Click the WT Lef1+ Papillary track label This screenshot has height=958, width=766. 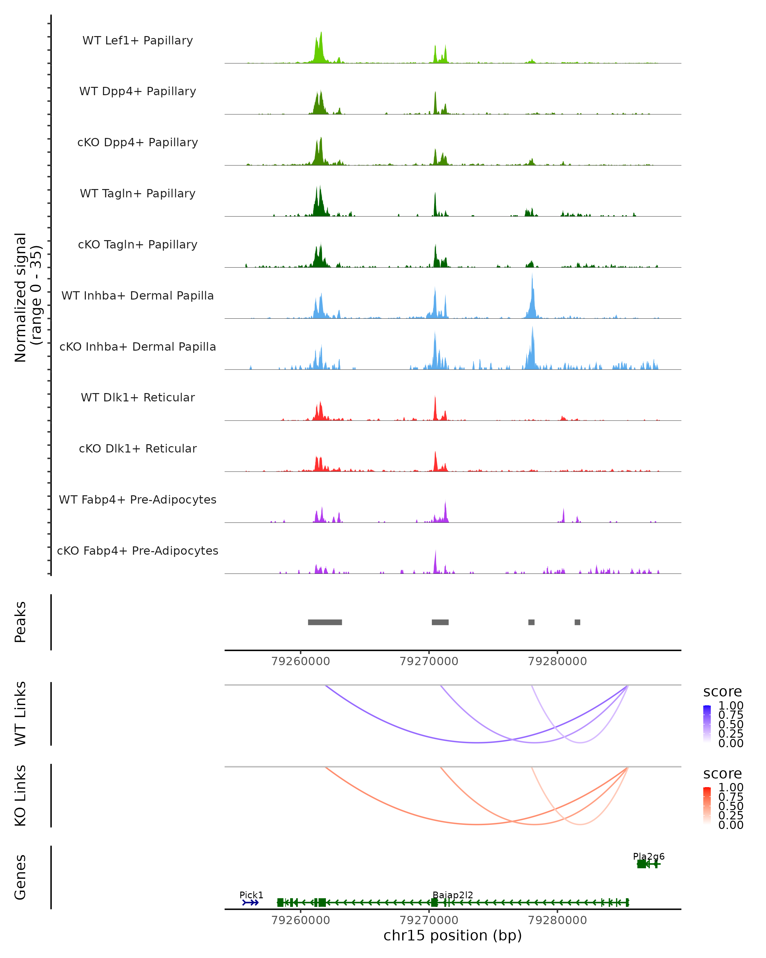click(138, 41)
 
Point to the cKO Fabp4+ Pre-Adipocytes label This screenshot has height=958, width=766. click(138, 551)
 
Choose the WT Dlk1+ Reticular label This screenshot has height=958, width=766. click(138, 397)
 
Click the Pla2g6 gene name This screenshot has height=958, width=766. click(648, 856)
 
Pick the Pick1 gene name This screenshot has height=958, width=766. click(251, 895)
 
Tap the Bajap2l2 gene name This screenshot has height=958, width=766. click(453, 895)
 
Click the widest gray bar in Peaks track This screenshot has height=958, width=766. click(325, 622)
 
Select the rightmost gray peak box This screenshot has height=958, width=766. click(577, 622)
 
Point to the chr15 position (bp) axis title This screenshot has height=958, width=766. click(453, 935)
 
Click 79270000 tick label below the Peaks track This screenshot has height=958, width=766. click(429, 661)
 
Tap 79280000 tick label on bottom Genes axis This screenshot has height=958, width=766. click(557, 920)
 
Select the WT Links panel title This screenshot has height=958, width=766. click(20, 714)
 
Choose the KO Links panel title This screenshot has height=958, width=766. click(20, 795)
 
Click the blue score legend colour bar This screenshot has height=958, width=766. click(707, 724)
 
